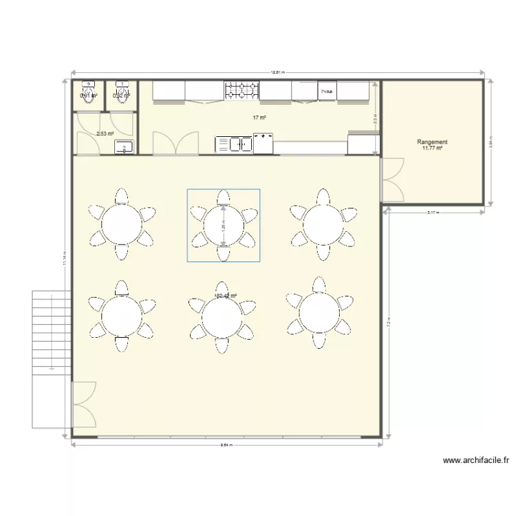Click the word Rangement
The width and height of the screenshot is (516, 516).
(x=433, y=142)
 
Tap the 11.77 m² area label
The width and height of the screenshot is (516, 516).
(x=433, y=148)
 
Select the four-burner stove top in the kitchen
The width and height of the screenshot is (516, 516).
(x=241, y=89)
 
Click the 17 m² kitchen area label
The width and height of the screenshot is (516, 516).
(x=259, y=118)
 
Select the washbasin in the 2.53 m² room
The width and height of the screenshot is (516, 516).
(x=125, y=146)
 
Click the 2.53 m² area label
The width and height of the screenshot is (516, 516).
(x=105, y=134)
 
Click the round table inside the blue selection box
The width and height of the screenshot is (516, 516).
(x=223, y=225)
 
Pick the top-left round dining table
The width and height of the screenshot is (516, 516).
(x=122, y=224)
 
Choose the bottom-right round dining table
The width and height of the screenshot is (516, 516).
(x=319, y=314)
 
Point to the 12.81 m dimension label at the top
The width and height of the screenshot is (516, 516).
(x=277, y=71)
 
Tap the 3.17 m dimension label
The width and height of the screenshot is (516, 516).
(x=432, y=213)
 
